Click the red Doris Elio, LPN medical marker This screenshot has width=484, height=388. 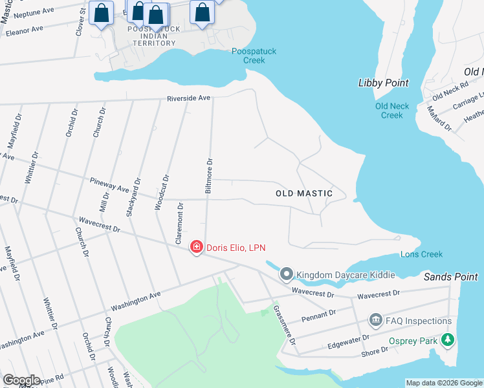196,247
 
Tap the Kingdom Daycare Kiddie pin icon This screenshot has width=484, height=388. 287,275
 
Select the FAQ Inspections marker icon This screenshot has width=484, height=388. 375,321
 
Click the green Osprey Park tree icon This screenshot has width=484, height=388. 447,340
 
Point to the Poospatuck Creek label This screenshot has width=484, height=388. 248,56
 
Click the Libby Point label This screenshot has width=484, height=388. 383,83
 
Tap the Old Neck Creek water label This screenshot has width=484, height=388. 392,111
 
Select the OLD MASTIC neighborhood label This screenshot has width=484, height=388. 303,193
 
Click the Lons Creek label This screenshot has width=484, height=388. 421,254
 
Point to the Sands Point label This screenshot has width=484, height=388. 450,277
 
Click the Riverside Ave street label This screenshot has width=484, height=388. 189,98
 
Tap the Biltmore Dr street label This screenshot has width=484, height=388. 208,177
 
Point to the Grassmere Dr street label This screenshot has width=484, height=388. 283,325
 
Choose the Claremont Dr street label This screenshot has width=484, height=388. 180,223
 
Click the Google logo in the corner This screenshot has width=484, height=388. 21,380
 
